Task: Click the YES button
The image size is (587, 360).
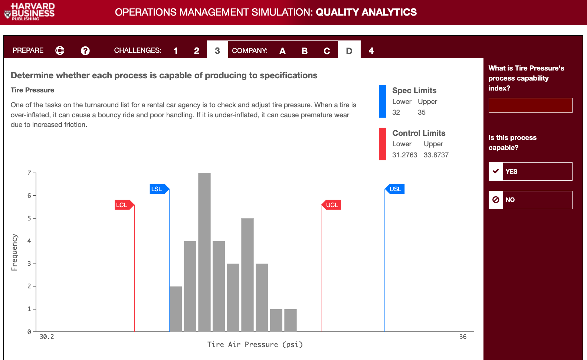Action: pos(530,171)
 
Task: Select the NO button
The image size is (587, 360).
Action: pos(530,200)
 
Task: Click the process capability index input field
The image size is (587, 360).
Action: pos(530,105)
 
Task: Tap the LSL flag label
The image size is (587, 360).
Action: pos(157,189)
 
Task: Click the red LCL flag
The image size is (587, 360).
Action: pos(122,205)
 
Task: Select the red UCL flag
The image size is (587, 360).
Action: pos(332,205)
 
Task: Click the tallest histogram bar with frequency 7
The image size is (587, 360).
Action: pos(204,252)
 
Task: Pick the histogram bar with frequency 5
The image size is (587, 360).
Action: pos(247,275)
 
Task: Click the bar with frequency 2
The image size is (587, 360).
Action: pos(176,309)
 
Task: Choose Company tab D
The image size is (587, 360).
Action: pos(349,51)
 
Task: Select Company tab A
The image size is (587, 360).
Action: pos(282,51)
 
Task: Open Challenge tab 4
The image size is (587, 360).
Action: pos(371,51)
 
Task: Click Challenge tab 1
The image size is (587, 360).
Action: pos(176,51)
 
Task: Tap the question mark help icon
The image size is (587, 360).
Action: pos(85,51)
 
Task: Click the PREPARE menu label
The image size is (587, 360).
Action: pos(28,50)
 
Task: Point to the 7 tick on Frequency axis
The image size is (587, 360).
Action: pos(29,173)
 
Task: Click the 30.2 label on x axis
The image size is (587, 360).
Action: pos(47,337)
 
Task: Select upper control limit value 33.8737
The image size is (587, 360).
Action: pos(436,155)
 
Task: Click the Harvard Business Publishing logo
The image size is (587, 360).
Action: pos(30,12)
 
